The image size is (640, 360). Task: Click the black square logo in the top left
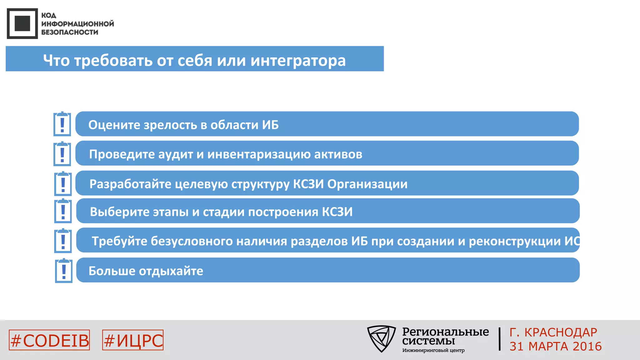tap(22, 24)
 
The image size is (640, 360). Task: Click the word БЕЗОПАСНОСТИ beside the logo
tap(70, 32)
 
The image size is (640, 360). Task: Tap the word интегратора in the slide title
tap(298, 60)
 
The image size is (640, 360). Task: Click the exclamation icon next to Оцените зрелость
tap(62, 124)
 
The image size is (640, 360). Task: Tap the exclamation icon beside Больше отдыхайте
tap(64, 271)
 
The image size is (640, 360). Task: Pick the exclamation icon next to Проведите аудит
tap(62, 154)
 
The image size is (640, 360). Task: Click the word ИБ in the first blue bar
tap(270, 125)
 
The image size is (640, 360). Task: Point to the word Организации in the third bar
tap(367, 184)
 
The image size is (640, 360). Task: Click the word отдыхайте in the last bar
tap(171, 271)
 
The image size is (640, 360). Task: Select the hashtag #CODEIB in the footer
tap(49, 340)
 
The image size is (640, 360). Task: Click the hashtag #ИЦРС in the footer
tap(133, 340)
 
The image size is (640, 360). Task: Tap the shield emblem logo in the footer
tap(381, 338)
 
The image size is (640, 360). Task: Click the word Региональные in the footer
tap(445, 332)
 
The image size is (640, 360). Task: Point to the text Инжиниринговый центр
tap(433, 350)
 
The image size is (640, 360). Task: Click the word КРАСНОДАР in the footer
tap(561, 332)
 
